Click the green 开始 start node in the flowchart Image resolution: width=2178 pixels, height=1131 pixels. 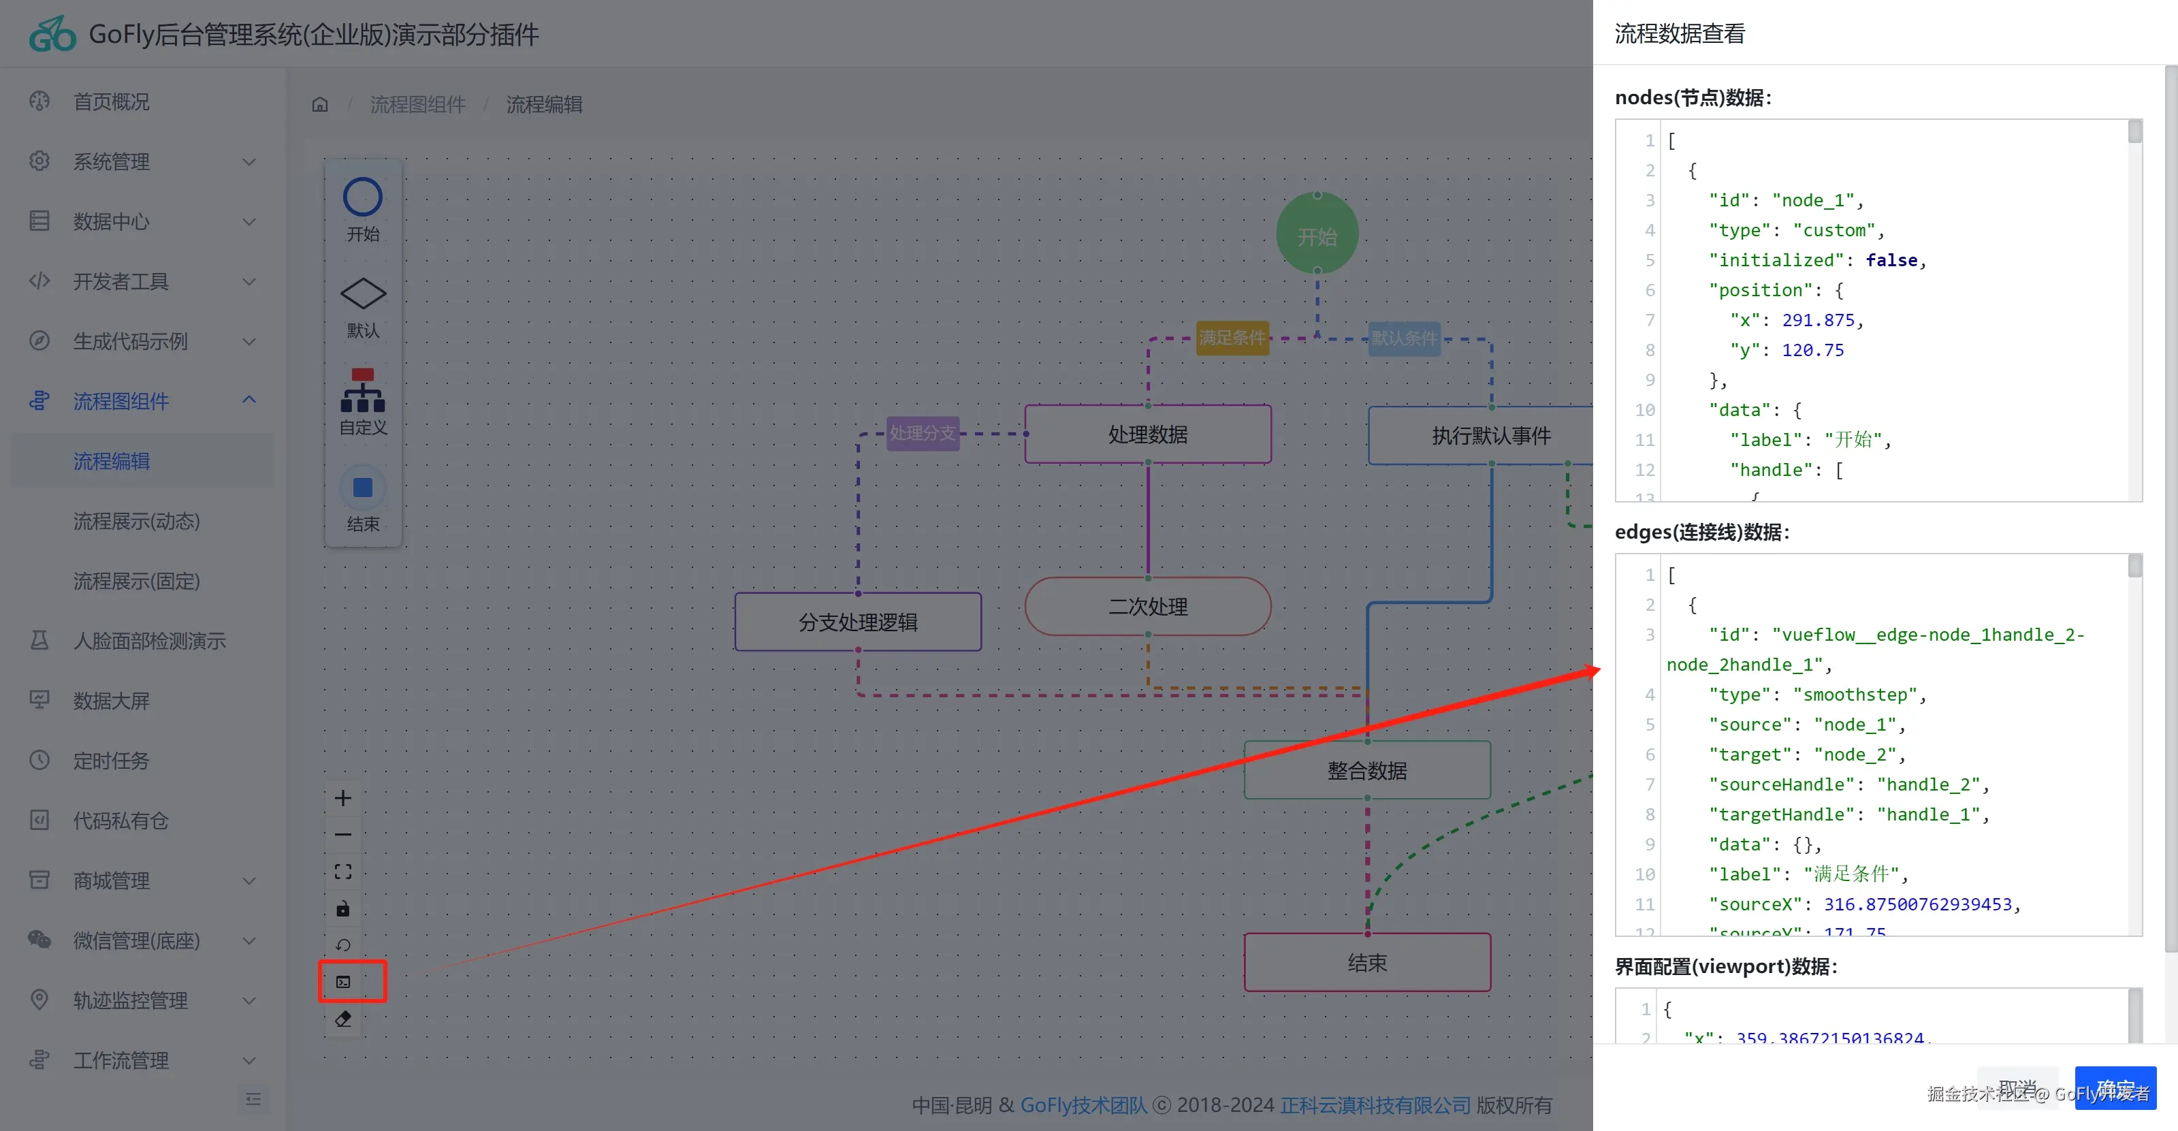pyautogui.click(x=1317, y=234)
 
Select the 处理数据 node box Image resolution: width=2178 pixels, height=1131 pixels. pyautogui.click(x=1147, y=434)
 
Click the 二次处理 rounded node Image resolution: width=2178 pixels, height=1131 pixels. pyautogui.click(x=1147, y=607)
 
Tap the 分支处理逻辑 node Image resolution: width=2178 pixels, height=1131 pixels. pyautogui.click(x=857, y=622)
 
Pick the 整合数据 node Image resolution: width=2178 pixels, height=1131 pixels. pyautogui.click(x=1366, y=770)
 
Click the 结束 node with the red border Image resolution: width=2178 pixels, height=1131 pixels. pyautogui.click(x=1366, y=963)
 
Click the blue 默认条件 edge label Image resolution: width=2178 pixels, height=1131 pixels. pyautogui.click(x=1403, y=338)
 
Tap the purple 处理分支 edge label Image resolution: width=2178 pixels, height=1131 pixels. pyautogui.click(x=922, y=433)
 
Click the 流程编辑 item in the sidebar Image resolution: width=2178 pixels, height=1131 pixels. pyautogui.click(x=112, y=461)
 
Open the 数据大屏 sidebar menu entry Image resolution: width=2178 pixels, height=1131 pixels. pyautogui.click(x=111, y=701)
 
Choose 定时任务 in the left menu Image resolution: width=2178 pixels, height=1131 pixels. pyautogui.click(x=111, y=761)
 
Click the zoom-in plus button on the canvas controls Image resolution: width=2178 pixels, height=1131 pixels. pyautogui.click(x=342, y=798)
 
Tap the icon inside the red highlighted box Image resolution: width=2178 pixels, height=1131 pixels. pyautogui.click(x=343, y=981)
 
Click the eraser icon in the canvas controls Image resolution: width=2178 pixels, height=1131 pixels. pyautogui.click(x=343, y=1019)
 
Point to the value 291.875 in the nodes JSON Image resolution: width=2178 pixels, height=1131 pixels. pyautogui.click(x=1818, y=320)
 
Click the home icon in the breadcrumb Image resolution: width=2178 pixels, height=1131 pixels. pyautogui.click(x=319, y=105)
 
